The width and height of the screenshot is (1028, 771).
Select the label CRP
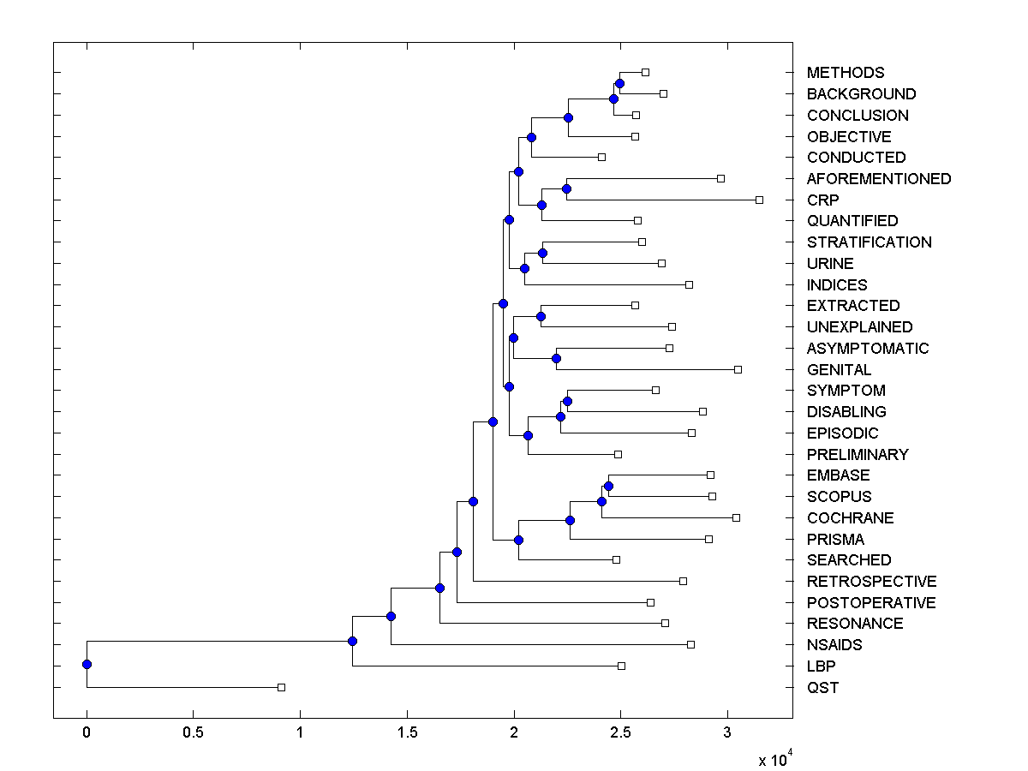(822, 200)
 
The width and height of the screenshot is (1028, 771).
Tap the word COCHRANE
(850, 517)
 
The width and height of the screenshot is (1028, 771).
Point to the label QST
(822, 687)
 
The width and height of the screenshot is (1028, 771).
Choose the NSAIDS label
(834, 644)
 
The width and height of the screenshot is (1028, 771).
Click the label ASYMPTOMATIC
(867, 348)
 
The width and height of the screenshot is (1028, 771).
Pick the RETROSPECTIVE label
(871, 581)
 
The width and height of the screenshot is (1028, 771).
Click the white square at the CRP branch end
(759, 200)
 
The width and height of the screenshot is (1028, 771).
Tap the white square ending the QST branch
(281, 687)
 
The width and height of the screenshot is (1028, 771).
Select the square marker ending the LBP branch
(621, 666)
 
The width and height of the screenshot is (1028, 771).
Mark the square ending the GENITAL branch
(738, 369)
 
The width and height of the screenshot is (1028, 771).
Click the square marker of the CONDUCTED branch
(601, 157)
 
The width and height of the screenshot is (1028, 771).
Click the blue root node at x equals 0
(87, 664)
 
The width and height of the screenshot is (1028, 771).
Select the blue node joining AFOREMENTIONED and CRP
(566, 188)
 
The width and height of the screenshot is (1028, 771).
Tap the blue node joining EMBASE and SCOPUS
(608, 486)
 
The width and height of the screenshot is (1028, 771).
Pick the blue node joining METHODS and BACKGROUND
(619, 83)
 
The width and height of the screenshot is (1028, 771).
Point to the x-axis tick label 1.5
(407, 732)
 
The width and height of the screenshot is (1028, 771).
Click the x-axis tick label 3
(727, 732)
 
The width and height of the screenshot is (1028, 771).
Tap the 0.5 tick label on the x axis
(193, 732)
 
